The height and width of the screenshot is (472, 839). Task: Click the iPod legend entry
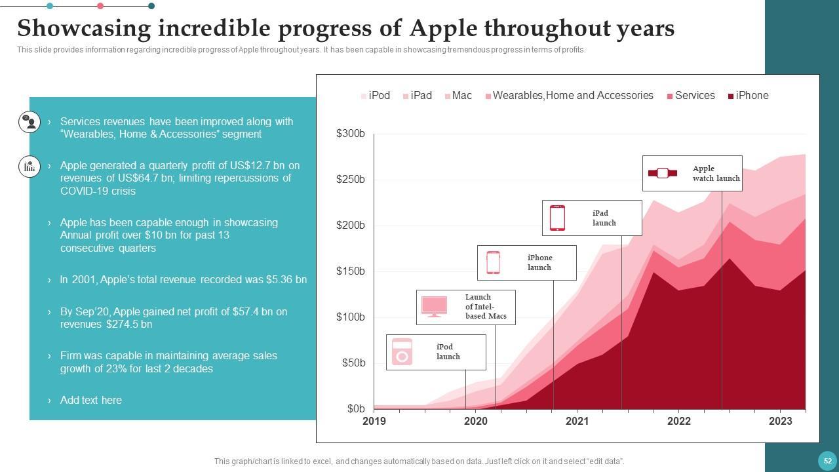(376, 96)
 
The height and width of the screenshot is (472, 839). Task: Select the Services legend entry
(691, 96)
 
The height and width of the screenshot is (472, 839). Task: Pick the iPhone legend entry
(748, 96)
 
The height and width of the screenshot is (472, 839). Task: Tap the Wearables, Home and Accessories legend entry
(569, 96)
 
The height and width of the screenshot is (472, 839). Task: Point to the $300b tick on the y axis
(351, 134)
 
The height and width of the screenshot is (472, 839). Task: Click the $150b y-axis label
(351, 271)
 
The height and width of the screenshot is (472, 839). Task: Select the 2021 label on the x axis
(577, 422)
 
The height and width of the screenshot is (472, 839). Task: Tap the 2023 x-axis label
(780, 422)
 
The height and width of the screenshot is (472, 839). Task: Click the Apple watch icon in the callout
(663, 173)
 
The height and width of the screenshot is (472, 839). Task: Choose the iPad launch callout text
(604, 218)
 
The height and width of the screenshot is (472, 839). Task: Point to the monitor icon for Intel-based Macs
(434, 306)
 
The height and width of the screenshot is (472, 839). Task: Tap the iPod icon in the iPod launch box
(402, 352)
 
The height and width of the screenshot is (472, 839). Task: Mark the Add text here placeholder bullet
(90, 401)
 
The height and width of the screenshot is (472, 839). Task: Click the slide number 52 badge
(828, 461)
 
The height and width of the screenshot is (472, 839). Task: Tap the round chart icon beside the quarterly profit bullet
(29, 167)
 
